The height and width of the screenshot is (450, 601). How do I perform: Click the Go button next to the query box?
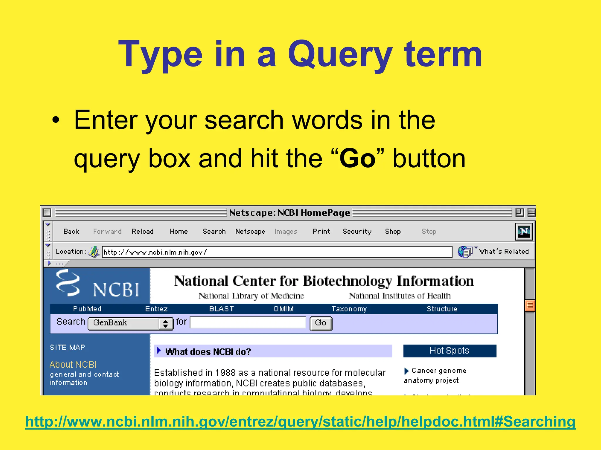(321, 323)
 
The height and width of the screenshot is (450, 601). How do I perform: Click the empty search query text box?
(248, 323)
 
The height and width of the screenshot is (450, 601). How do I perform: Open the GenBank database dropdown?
(131, 323)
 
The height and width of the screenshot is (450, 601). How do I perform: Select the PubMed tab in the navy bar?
(87, 309)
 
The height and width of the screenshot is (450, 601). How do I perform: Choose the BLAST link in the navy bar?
(222, 309)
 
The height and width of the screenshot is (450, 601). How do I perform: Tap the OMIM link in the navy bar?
(283, 309)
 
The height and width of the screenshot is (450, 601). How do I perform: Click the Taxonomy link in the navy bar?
(349, 309)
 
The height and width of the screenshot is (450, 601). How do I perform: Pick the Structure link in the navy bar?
(442, 309)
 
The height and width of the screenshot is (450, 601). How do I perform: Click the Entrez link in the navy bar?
(156, 309)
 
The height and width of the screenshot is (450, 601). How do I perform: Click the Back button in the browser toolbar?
(71, 231)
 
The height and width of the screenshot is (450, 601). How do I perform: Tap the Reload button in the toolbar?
(143, 231)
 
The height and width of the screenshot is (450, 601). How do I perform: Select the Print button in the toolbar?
(321, 231)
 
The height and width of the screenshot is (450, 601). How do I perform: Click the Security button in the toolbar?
(357, 231)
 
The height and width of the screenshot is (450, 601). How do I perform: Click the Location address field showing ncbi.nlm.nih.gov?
(276, 252)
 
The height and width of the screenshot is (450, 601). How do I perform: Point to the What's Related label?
(504, 251)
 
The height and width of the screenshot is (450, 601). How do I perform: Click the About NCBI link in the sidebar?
(73, 364)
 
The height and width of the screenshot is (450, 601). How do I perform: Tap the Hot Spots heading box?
(450, 351)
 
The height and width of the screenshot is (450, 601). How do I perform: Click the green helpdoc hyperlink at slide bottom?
(300, 422)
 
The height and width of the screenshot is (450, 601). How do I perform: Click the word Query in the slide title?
(340, 55)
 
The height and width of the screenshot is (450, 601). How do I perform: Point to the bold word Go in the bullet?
(357, 158)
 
